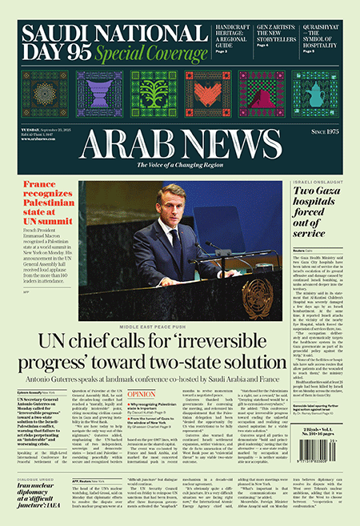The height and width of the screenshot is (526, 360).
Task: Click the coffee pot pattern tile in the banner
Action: click(316, 94)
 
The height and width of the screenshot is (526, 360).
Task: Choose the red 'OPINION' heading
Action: click(142, 395)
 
